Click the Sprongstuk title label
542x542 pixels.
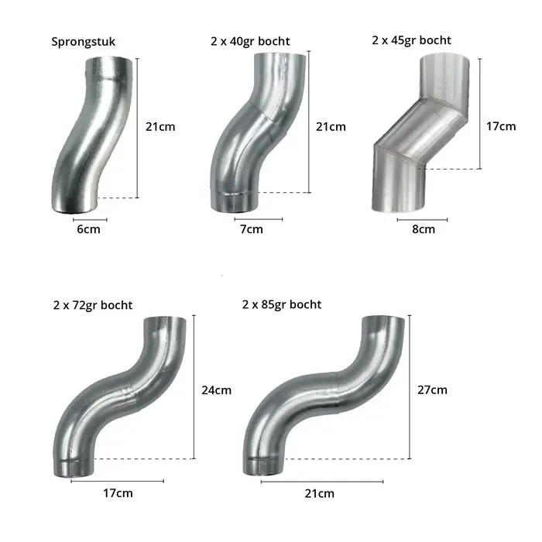84,42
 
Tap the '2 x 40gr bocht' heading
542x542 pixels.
250,41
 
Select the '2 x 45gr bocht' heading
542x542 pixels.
411,40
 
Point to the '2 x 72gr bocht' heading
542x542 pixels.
93,305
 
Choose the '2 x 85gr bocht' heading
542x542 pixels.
282,304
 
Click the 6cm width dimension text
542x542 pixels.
88,229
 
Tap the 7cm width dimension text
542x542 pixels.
252,229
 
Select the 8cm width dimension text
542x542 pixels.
424,229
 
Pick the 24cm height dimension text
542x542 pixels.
216,390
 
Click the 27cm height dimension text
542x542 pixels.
432,389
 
